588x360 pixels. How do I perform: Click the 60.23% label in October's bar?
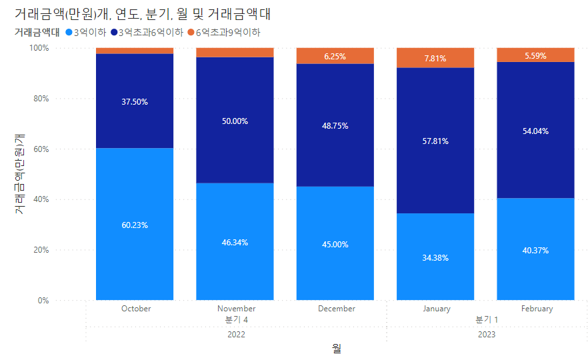click(x=135, y=225)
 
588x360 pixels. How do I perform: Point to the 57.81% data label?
click(x=435, y=141)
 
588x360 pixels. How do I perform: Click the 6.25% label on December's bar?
click(x=335, y=57)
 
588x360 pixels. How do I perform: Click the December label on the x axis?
click(x=337, y=309)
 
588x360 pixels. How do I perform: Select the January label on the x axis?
click(x=437, y=309)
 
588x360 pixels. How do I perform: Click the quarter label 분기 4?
click(x=237, y=320)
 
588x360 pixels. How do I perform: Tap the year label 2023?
click(x=487, y=334)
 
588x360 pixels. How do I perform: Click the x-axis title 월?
click(x=337, y=349)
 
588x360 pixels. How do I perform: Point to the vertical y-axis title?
click(x=19, y=173)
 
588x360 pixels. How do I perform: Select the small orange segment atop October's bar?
click(x=135, y=51)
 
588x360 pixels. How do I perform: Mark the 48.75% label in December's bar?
click(x=335, y=126)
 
